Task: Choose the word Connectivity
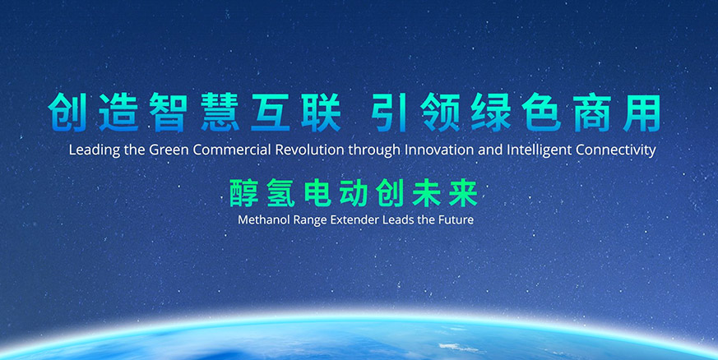pyautogui.click(x=615, y=150)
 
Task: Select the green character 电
pyautogui.click(x=317, y=192)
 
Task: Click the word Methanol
pyautogui.click(x=259, y=220)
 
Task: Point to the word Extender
pyautogui.click(x=336, y=220)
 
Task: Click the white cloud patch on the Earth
pyautogui.click(x=452, y=347)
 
